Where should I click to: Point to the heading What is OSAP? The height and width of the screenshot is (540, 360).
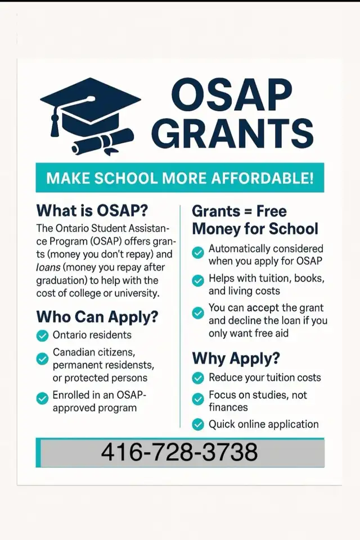click(x=92, y=211)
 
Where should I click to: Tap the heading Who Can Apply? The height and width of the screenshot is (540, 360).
click(x=97, y=317)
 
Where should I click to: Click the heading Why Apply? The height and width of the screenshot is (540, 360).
click(x=236, y=358)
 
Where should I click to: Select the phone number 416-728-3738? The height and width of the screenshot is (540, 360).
click(x=179, y=452)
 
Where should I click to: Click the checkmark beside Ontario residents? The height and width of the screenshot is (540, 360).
click(x=42, y=336)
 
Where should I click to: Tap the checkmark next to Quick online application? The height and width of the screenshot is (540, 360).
click(x=198, y=425)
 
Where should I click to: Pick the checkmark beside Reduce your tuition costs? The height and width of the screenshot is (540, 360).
click(x=198, y=378)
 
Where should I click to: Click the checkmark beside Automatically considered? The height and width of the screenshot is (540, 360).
click(x=198, y=253)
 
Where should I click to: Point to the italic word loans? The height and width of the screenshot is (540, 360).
click(x=48, y=268)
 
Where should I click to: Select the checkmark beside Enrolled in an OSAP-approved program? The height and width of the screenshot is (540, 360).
click(x=42, y=398)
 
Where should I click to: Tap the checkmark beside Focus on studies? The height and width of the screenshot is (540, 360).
click(x=198, y=399)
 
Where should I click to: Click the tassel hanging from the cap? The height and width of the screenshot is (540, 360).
click(x=55, y=123)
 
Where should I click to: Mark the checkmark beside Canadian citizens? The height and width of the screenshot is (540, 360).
click(x=42, y=358)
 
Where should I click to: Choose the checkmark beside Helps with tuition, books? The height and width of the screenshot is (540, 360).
click(x=198, y=280)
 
